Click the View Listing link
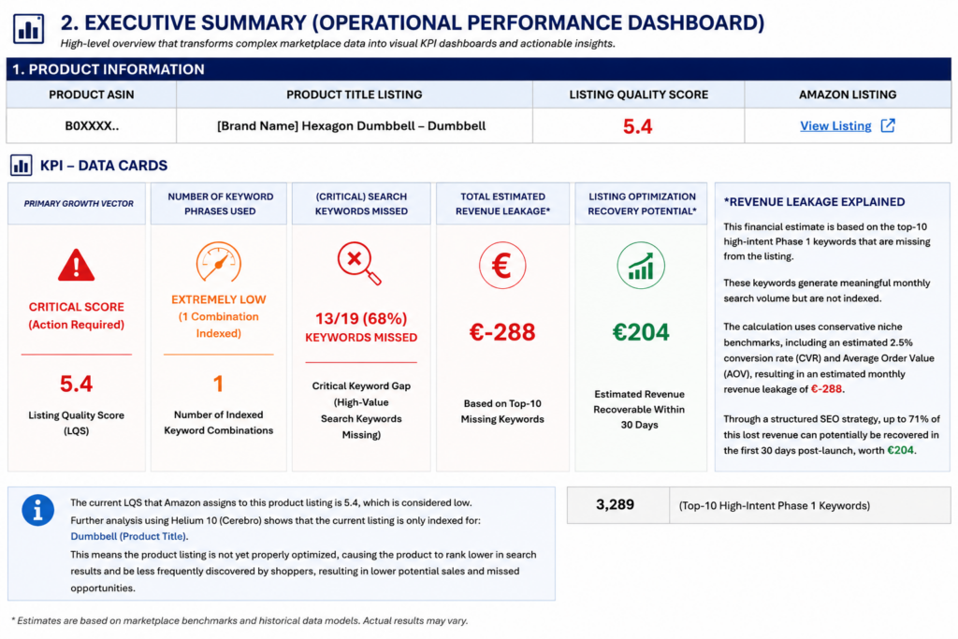click(835, 126)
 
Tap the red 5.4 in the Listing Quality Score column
click(638, 126)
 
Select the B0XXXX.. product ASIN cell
click(92, 126)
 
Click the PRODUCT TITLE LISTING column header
click(355, 94)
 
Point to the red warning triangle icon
click(77, 265)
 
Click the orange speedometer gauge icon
click(218, 261)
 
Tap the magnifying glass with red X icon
click(359, 263)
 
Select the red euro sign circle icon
click(502, 265)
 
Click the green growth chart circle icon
click(640, 265)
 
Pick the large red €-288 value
click(502, 332)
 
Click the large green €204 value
click(641, 332)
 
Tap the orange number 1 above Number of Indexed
click(218, 384)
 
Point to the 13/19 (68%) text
click(361, 318)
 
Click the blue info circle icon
click(37, 510)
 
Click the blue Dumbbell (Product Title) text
click(129, 536)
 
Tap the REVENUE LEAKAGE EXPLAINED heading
click(815, 202)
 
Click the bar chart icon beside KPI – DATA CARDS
click(22, 165)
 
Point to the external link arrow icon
click(888, 125)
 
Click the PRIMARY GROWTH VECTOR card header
click(79, 203)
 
